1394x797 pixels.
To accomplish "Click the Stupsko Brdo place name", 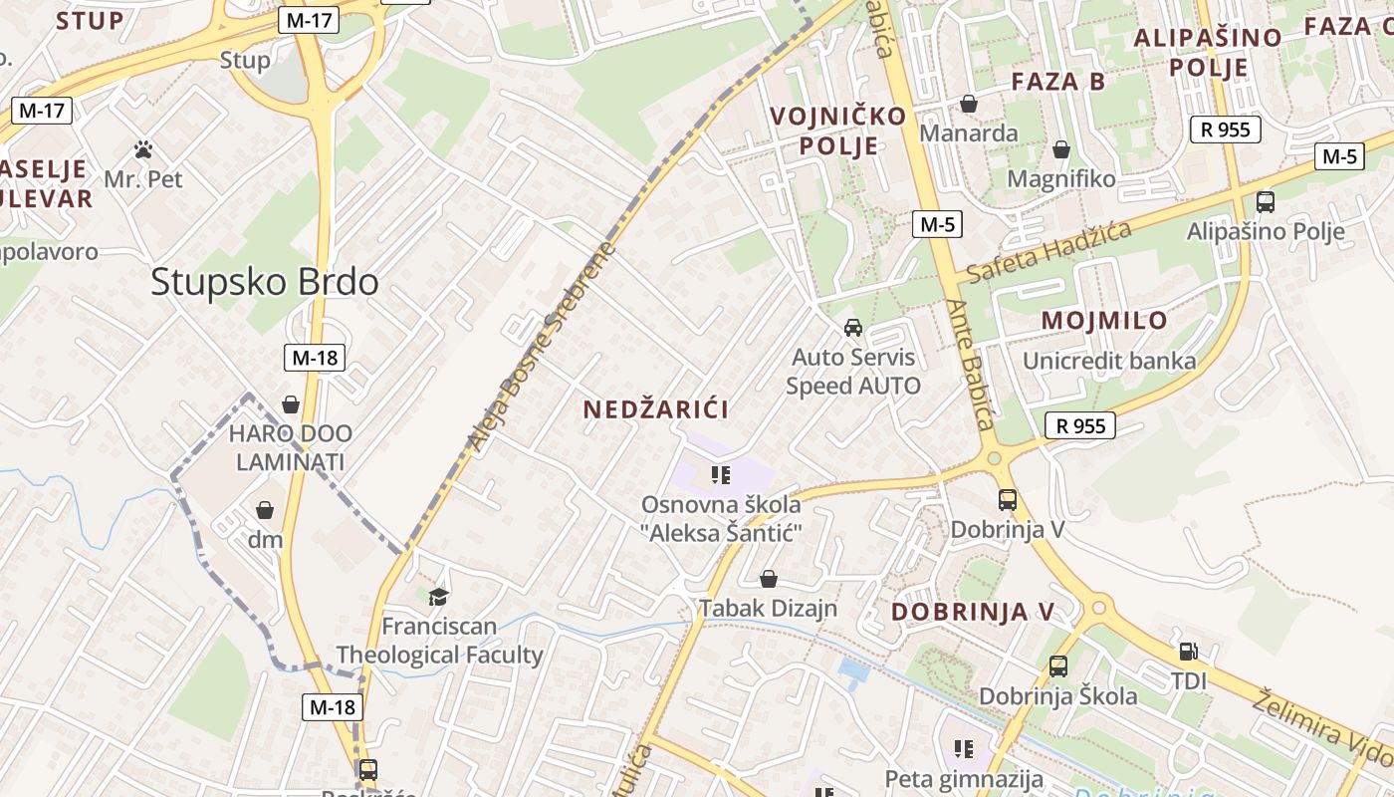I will coord(265,282).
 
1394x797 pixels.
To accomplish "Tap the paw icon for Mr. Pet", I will coord(143,150).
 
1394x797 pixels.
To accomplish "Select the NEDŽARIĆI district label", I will coord(656,409).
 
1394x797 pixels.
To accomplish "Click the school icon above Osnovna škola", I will coord(721,474).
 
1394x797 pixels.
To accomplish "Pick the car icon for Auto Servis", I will coord(852,327).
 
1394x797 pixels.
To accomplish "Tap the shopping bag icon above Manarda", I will coord(968,104).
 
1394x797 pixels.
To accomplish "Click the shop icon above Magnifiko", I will coord(1061,149).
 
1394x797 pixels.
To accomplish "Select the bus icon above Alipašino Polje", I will coord(1265,202).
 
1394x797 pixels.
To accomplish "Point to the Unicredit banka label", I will coord(1109,361).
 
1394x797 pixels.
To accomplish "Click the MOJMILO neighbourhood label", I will coord(1104,321).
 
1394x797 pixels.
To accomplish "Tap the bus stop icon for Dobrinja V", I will coord(1007,500).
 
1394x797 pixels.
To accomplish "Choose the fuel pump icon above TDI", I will coord(1188,652).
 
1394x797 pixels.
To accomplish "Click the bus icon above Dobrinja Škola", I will coord(1057,665).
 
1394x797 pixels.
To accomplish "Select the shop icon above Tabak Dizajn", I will coord(768,579).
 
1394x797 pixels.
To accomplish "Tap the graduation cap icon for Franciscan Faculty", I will coord(438,597).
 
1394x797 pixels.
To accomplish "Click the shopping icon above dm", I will coord(265,510).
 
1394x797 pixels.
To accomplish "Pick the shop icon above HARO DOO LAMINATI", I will coord(290,404).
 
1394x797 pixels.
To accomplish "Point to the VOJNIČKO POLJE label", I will coord(837,131).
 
